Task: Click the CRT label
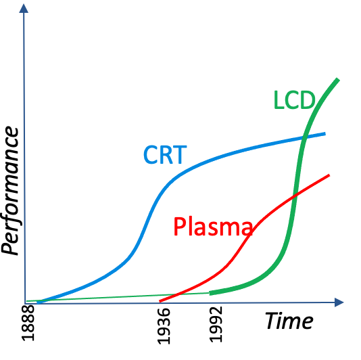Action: click(x=165, y=155)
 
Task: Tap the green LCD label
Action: click(x=294, y=99)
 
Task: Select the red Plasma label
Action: click(x=213, y=227)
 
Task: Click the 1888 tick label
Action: click(x=28, y=323)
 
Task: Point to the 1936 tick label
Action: click(x=164, y=326)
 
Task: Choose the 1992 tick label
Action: click(x=216, y=324)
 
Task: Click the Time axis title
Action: click(x=289, y=321)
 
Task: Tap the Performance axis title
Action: click(x=9, y=191)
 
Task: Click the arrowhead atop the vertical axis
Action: click(x=24, y=8)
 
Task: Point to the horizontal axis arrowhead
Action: click(x=339, y=302)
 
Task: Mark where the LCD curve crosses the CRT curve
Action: click(x=304, y=137)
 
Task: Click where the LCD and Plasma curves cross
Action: click(x=295, y=196)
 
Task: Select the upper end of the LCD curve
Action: click(x=338, y=80)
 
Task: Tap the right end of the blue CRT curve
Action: click(x=325, y=134)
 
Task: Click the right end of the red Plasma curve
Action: click(x=329, y=175)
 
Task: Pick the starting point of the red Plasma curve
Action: click(x=160, y=301)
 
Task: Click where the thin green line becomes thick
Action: click(x=210, y=293)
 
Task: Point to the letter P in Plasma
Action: click(x=180, y=227)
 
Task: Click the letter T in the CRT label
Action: click(x=179, y=155)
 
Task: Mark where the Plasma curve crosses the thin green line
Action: click(x=177, y=294)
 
